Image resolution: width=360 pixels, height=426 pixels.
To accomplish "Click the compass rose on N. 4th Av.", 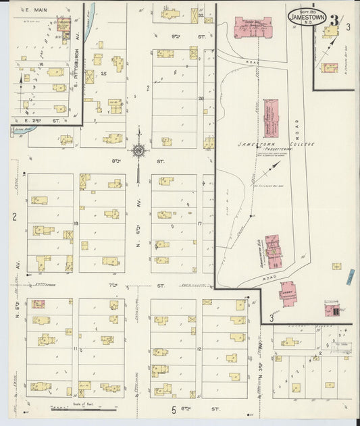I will coord(139,151).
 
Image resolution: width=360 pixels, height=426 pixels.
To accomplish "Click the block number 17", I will coord(200,222).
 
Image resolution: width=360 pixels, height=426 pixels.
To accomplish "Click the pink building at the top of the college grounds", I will coord(251,27).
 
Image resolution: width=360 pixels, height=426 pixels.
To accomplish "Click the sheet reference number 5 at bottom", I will coord(173,410).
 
